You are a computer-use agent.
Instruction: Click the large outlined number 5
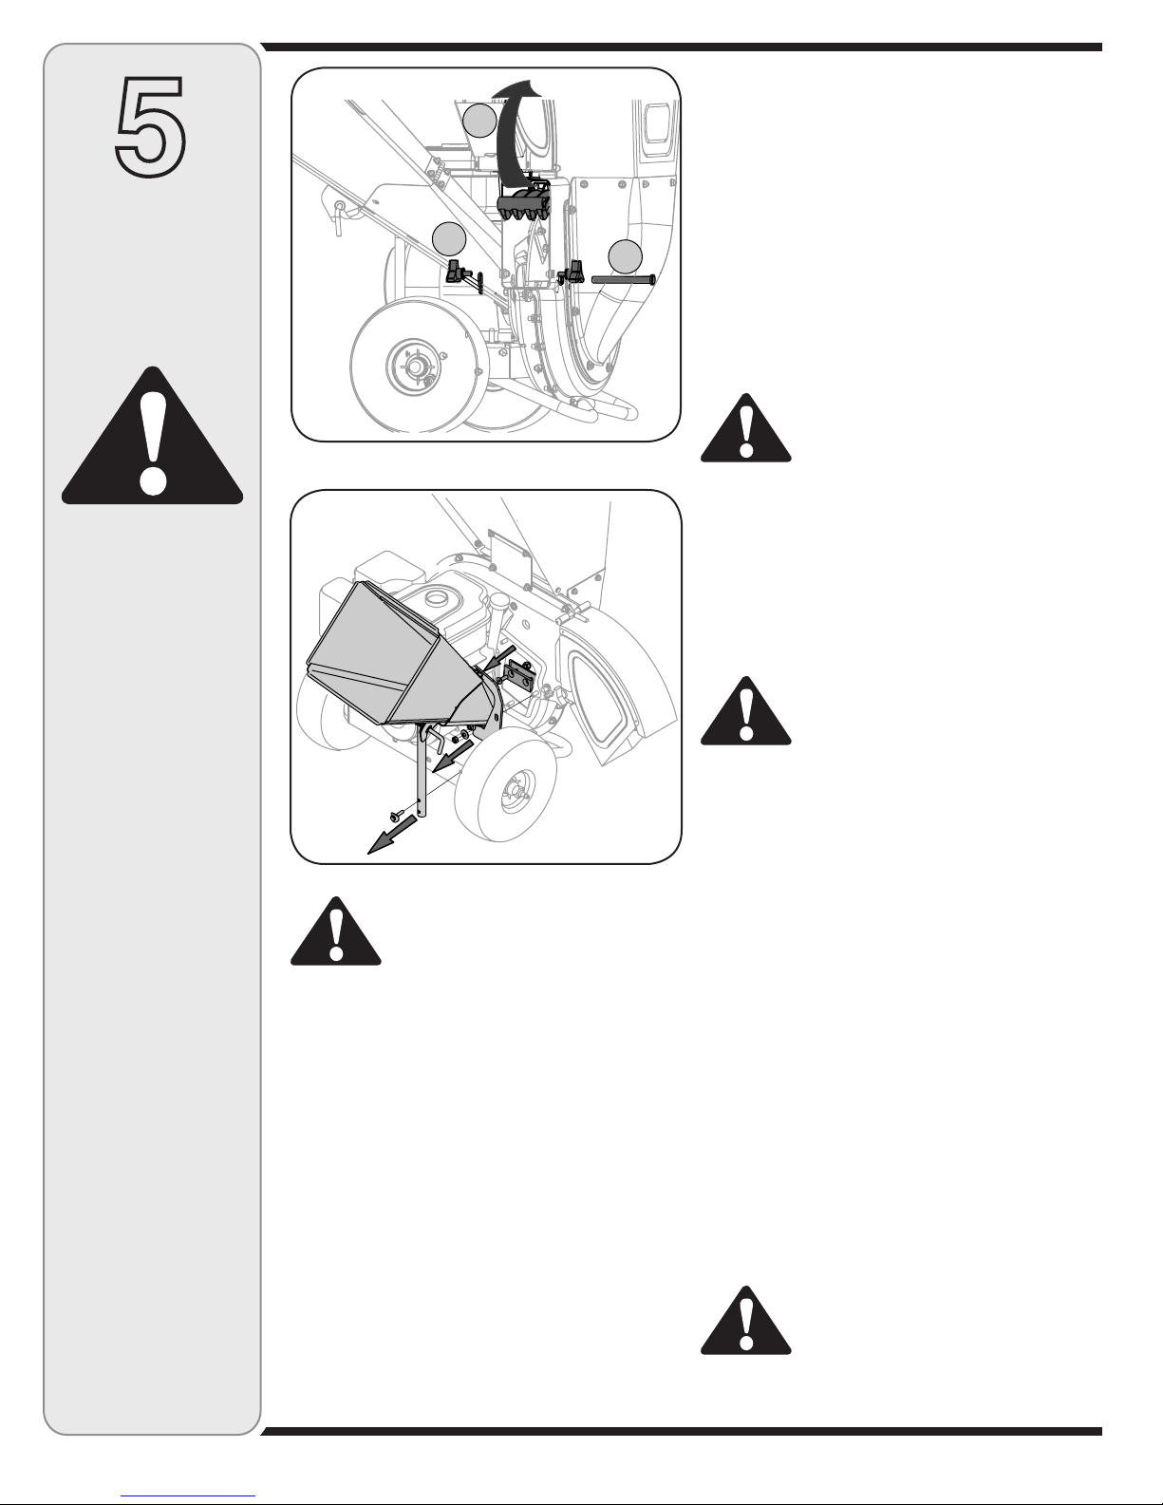point(150,126)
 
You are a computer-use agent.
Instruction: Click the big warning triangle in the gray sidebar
point(152,436)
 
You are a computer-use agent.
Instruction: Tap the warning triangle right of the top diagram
point(745,428)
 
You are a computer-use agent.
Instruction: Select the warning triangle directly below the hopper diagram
point(336,931)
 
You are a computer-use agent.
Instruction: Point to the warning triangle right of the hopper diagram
point(745,711)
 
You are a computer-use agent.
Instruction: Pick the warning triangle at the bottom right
point(745,1321)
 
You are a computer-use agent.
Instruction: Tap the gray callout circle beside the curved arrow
point(479,120)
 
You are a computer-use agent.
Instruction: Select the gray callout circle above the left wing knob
point(449,239)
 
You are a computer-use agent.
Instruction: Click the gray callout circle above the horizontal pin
point(625,257)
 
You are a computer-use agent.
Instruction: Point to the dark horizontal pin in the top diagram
point(623,280)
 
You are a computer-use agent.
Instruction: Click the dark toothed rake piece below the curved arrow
point(523,203)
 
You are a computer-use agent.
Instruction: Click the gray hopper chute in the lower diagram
point(398,658)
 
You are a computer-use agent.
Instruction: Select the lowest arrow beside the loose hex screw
point(392,835)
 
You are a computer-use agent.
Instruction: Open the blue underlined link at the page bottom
point(188,1496)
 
